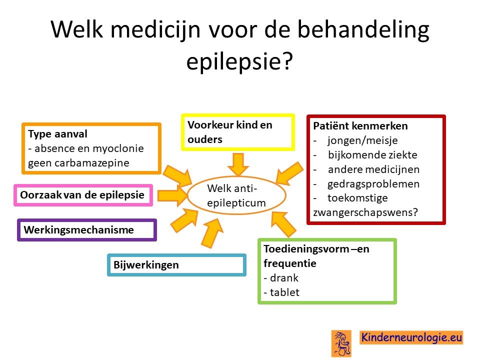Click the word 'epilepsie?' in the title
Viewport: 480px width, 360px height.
coord(239,61)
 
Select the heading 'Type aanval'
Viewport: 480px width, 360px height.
coord(57,134)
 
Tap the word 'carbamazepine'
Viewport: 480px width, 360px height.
coord(92,163)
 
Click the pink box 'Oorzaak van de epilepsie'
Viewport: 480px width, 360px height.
coord(83,195)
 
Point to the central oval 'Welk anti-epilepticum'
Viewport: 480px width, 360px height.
coord(236,195)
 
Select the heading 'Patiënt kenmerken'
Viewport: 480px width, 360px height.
coord(360,126)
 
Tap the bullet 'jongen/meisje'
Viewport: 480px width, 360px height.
coord(363,140)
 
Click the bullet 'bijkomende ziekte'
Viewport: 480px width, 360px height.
coord(372,154)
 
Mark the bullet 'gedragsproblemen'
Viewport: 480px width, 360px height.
coord(373,183)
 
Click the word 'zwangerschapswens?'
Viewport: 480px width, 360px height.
coord(365,212)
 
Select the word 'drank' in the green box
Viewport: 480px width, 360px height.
coord(284,277)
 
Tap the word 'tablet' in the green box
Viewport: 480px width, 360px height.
coord(284,292)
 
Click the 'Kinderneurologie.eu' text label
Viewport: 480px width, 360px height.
coord(411,337)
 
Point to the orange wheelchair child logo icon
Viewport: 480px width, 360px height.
coord(341,343)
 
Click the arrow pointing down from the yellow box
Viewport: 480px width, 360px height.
coord(238,164)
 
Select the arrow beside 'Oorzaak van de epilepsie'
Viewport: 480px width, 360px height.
coord(172,195)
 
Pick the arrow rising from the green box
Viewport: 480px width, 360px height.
coord(284,224)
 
